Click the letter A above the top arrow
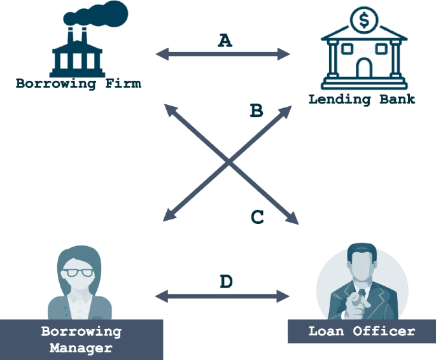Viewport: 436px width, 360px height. [225, 41]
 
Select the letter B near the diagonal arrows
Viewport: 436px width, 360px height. [257, 111]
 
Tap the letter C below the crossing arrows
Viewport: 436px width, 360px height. [257, 218]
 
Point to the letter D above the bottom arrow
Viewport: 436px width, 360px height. [226, 281]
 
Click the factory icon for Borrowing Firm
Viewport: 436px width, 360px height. [77, 54]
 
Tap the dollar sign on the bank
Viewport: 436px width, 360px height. [364, 20]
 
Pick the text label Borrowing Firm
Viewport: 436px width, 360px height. [78, 83]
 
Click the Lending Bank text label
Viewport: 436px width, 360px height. [362, 99]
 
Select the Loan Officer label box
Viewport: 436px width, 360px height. [362, 331]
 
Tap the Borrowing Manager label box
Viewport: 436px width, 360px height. [81, 340]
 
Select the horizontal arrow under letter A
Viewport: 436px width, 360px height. [223, 55]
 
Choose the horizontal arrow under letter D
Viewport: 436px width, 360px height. [223, 295]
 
